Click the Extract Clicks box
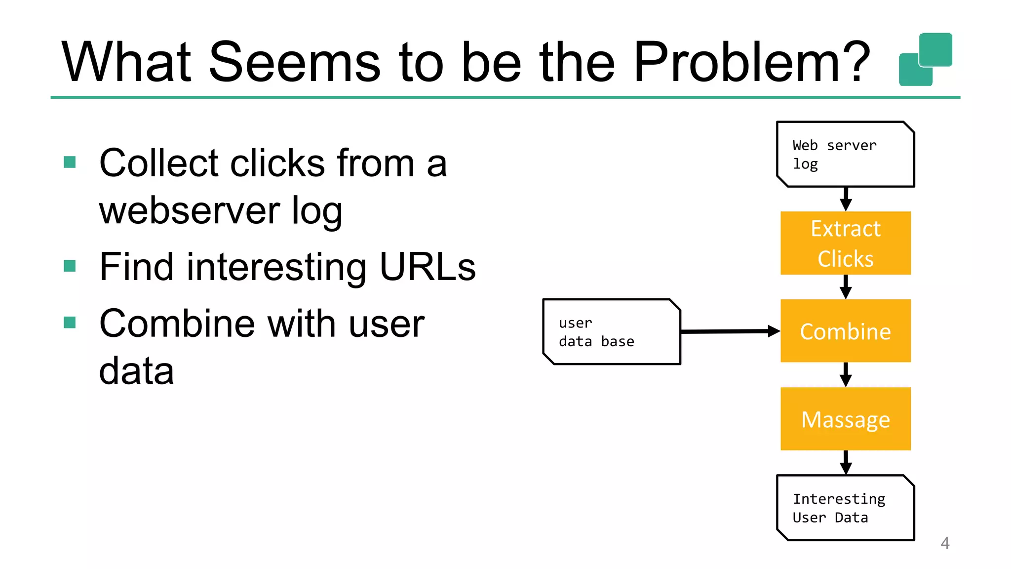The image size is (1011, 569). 845,243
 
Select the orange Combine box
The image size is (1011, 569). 845,331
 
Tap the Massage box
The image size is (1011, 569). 845,419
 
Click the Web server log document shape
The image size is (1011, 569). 845,154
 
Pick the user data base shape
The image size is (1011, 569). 611,332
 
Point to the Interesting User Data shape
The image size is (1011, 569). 845,508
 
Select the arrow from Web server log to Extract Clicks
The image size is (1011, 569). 846,199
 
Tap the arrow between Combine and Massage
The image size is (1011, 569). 846,374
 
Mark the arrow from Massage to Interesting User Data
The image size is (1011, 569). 846,462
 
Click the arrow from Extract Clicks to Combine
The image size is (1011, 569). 846,286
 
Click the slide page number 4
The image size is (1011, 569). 945,543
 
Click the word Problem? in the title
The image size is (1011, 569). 751,62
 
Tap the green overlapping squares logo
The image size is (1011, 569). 925,59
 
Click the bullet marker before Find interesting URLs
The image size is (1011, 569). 70,266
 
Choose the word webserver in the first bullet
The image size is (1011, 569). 190,210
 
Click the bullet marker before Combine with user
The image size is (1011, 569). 70,323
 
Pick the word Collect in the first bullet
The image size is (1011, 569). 158,163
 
